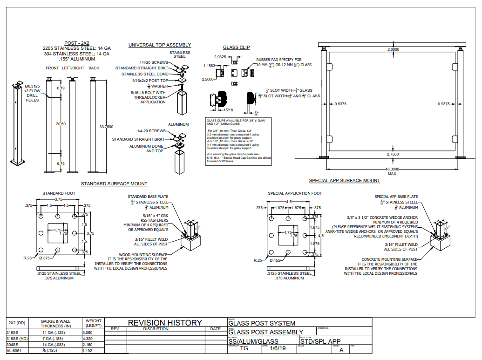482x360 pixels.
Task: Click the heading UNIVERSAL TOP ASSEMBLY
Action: pos(160,45)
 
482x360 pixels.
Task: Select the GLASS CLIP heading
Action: pos(237,48)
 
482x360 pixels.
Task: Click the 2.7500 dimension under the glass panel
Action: pos(393,154)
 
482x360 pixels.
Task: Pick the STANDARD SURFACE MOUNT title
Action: pos(114,184)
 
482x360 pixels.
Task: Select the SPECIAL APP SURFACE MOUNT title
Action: pos(344,180)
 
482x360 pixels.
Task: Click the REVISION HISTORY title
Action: pos(165,322)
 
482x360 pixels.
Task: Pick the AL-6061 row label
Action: pos(14,351)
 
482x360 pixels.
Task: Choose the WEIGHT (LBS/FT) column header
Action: pos(93,324)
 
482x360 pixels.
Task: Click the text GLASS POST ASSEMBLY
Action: pos(265,332)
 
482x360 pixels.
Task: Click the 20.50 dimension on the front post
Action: pos(61,124)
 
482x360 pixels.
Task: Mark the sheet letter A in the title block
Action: pos(341,350)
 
